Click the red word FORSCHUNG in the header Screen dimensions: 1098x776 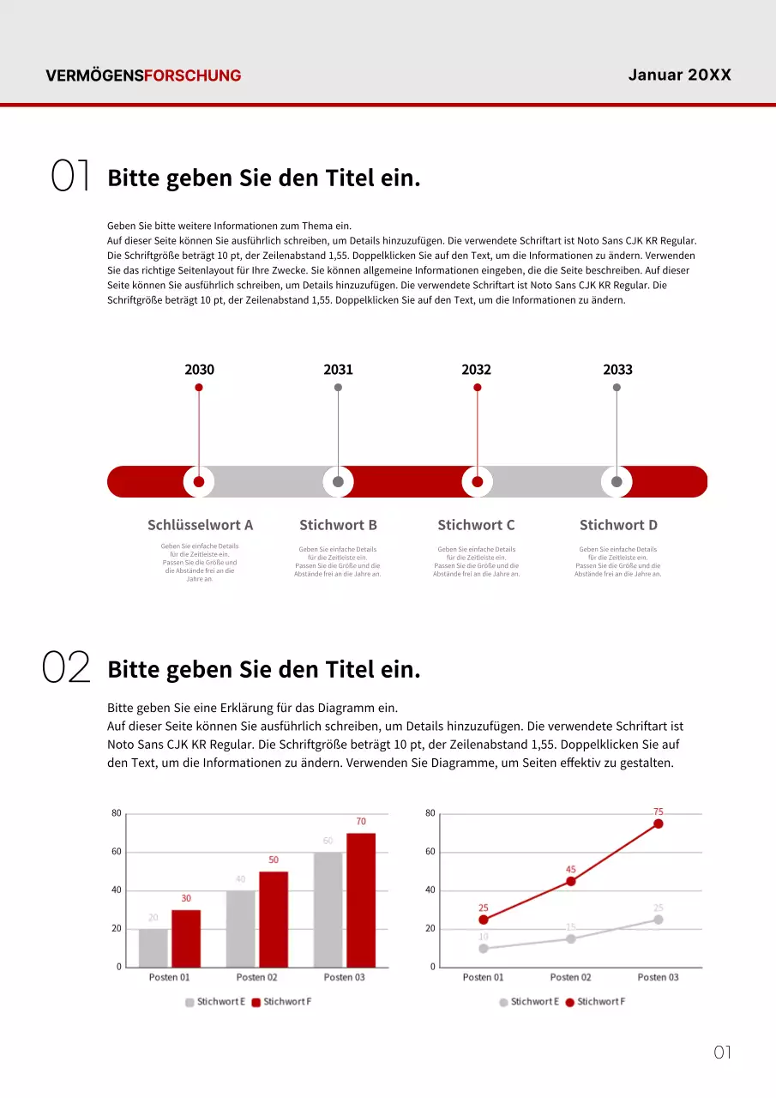click(193, 75)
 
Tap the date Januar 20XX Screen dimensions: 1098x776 click(679, 75)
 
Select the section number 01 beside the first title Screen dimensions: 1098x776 click(70, 176)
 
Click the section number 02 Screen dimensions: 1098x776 click(66, 667)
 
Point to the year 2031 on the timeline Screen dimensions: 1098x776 click(338, 370)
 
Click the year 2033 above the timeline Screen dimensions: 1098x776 click(617, 370)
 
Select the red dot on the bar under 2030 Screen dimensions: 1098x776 click(199, 482)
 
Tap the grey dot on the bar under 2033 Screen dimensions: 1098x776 click(617, 482)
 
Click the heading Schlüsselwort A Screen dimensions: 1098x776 click(200, 525)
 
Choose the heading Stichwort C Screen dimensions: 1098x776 click(476, 525)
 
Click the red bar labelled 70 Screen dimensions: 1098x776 click(361, 900)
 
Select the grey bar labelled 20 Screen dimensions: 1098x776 click(153, 948)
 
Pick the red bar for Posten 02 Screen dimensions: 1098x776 click(274, 920)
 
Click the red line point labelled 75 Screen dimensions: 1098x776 click(659, 823)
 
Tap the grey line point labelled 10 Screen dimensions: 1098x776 click(484, 949)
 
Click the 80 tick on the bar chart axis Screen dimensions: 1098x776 click(116, 813)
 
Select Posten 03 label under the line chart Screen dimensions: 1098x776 click(658, 977)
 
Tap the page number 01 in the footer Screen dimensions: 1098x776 click(722, 1053)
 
